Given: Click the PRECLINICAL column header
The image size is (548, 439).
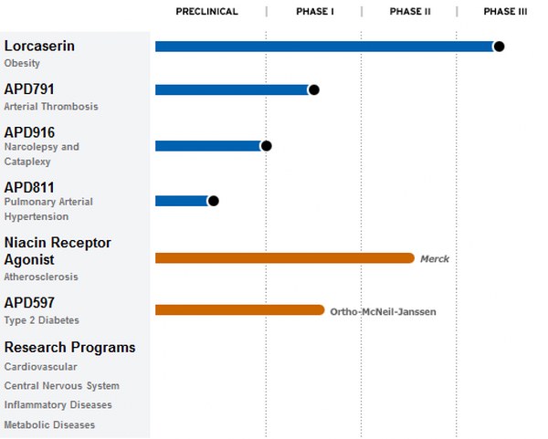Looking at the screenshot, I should tap(206, 12).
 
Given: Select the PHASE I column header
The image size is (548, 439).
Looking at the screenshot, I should tap(315, 12).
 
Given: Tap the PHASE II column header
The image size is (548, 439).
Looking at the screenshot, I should tap(410, 12).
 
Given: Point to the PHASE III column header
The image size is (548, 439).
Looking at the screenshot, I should tap(505, 12).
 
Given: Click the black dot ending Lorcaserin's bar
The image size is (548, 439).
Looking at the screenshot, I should tap(499, 46).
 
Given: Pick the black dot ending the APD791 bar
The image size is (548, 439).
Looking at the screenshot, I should tap(313, 89).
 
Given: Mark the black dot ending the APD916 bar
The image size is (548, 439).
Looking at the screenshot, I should tap(266, 145).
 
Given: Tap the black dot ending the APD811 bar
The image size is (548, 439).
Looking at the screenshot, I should tap(213, 201).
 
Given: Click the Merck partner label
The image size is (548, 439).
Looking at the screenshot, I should tap(435, 259).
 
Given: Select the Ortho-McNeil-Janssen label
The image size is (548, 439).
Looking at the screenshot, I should tap(383, 311).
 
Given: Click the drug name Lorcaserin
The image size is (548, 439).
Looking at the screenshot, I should tap(39, 46).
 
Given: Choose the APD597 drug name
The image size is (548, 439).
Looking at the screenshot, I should tap(29, 302).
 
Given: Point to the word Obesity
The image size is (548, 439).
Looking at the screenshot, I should tap(22, 64).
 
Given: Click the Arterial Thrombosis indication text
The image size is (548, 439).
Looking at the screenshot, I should tap(51, 107).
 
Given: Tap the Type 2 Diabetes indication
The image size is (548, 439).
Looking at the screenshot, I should tap(41, 320).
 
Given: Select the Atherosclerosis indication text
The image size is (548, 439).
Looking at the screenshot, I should tap(41, 277).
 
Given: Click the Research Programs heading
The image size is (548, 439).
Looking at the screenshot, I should tap(69, 348).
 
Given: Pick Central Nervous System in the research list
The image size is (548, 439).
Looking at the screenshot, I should tap(61, 386).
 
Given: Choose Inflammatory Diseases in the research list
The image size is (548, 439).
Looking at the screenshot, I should tap(58, 405).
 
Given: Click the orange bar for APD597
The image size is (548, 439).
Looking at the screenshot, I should tap(239, 310).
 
